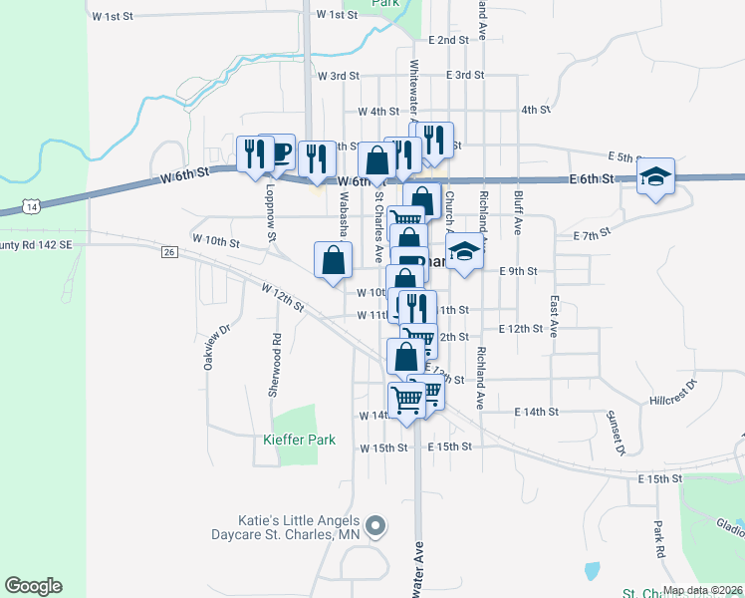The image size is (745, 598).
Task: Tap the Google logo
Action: [33, 586]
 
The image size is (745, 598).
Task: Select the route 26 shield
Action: [169, 252]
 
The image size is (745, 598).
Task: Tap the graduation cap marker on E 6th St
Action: [656, 177]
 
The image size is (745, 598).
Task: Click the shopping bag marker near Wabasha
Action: [333, 261]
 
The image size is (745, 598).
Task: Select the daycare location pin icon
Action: [374, 524]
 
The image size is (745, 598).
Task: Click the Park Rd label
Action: [659, 537]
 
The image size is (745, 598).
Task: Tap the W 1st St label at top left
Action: [111, 17]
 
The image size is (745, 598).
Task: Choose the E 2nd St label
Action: [448, 41]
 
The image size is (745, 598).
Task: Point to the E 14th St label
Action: [537, 412]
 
